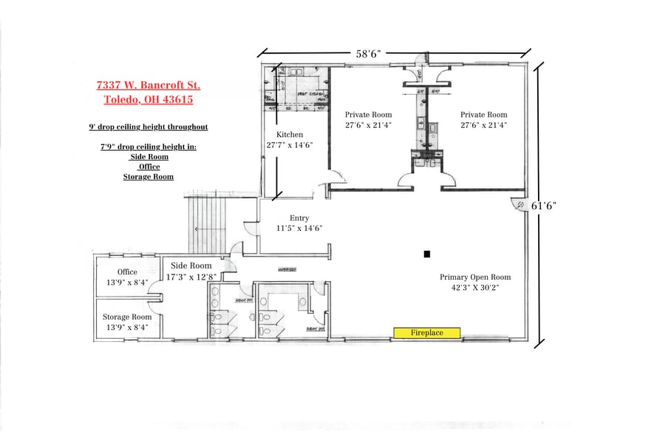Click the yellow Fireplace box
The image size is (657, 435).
(x=427, y=333)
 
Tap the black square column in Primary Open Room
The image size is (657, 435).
(x=426, y=254)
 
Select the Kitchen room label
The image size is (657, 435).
(x=290, y=134)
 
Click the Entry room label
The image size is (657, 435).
(x=299, y=217)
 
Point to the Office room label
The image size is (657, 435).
(x=127, y=272)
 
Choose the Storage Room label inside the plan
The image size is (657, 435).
(x=127, y=317)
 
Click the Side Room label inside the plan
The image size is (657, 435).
(x=191, y=266)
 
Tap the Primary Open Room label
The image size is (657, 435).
(x=475, y=277)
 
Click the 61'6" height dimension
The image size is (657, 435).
(x=543, y=206)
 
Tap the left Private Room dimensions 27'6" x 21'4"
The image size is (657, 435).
(x=368, y=126)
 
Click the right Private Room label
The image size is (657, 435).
(x=484, y=115)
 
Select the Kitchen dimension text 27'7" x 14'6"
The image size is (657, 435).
(x=290, y=145)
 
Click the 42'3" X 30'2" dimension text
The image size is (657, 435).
(x=475, y=289)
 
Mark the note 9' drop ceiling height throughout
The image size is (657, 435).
(x=148, y=127)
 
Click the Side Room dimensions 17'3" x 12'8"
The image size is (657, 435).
(x=191, y=277)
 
